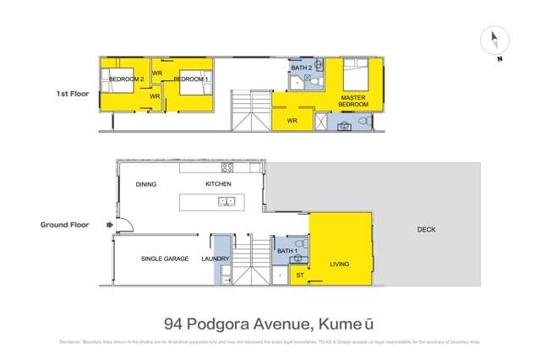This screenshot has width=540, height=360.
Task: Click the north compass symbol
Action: [x=494, y=41]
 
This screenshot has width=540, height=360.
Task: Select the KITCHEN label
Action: [x=218, y=183]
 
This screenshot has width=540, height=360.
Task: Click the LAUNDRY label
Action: [x=215, y=259]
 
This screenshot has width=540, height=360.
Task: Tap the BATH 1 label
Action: [x=287, y=251]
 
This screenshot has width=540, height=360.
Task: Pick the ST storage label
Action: [x=299, y=275]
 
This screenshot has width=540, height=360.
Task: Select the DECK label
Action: [x=426, y=230]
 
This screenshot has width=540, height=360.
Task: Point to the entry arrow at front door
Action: [x=108, y=226]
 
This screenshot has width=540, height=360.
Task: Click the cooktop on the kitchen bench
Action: [x=226, y=167]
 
